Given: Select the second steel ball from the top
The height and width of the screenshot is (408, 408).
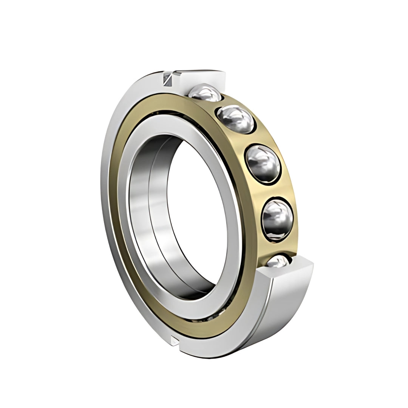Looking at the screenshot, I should coord(235,119).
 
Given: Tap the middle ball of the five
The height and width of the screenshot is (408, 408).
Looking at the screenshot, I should coord(263,163).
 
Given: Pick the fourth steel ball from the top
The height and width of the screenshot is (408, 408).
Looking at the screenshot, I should coord(277,219).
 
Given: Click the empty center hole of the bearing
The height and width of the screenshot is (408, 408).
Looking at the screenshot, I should coord(196,212).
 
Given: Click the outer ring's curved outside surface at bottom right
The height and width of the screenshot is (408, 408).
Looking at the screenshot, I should coord(280,314).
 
